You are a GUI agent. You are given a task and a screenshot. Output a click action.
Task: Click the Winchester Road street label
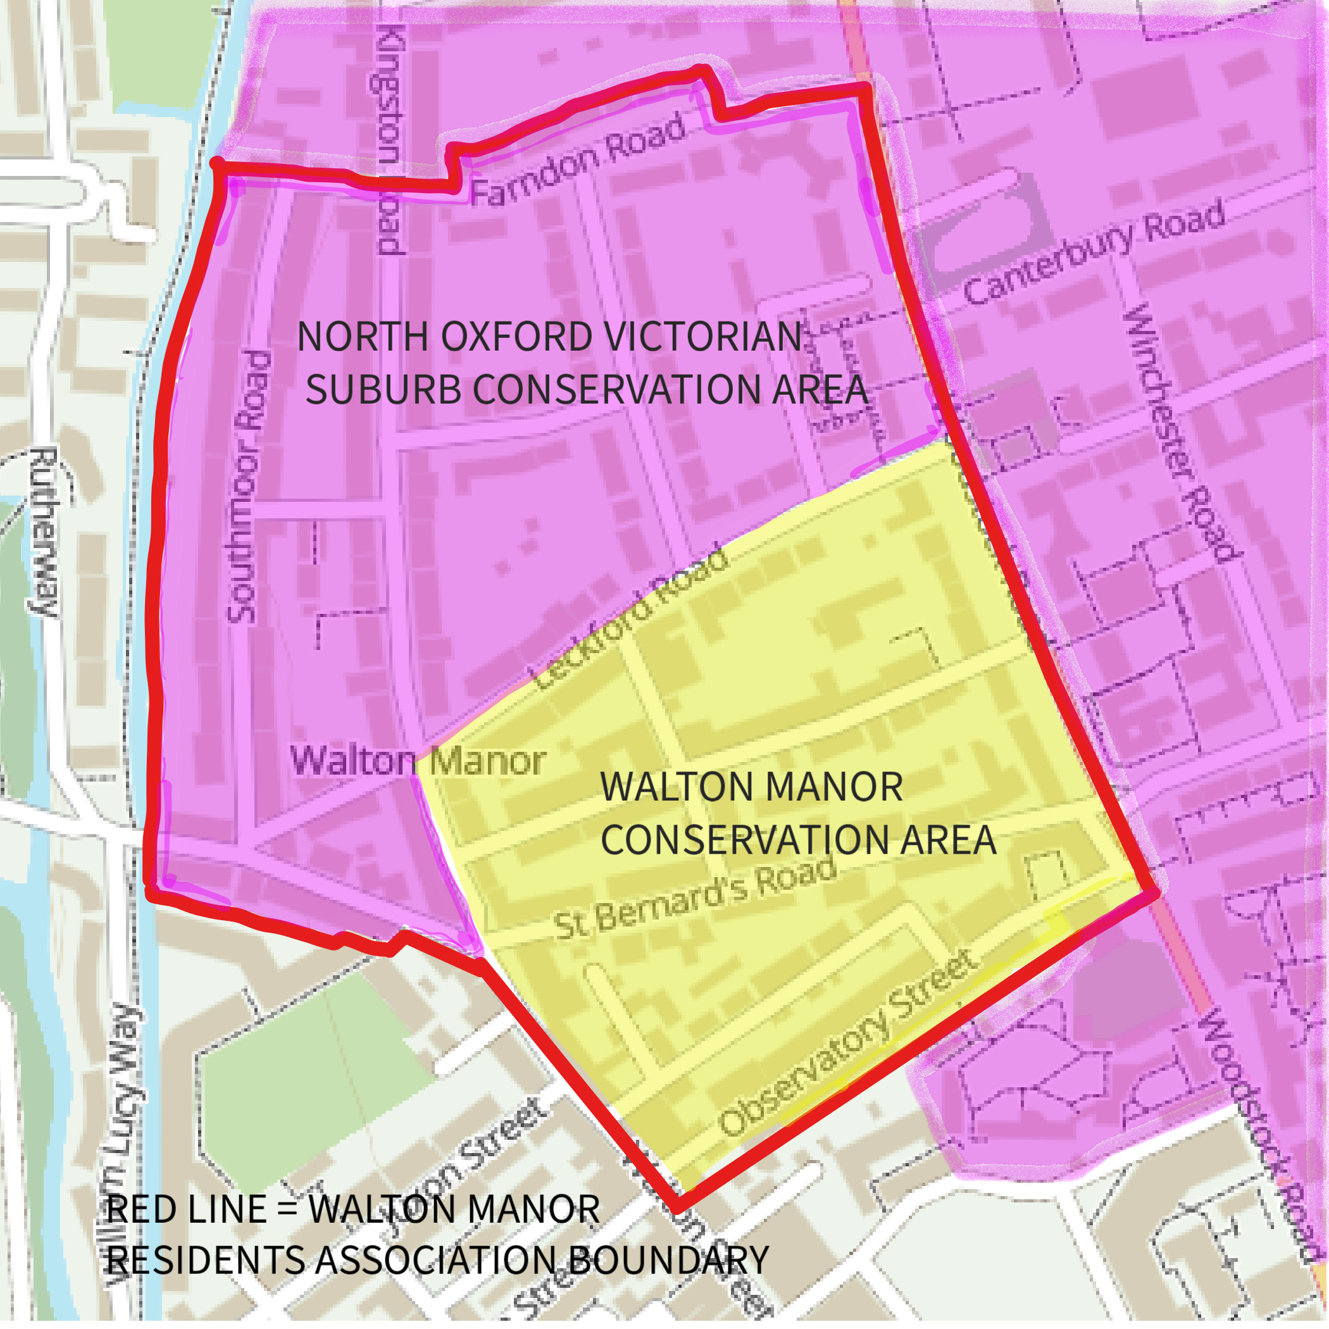pyautogui.click(x=1181, y=433)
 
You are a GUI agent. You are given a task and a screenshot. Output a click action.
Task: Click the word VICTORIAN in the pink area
pyautogui.click(x=701, y=337)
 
